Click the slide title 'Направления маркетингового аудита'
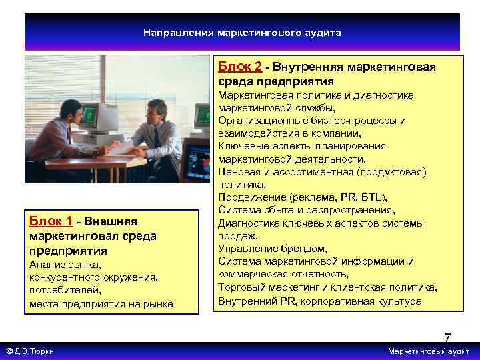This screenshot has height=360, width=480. pos(242,32)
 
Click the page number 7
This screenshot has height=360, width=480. pos(447,338)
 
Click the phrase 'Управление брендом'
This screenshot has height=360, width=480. pos(272,249)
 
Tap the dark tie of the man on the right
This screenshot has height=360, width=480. pos(155,137)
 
